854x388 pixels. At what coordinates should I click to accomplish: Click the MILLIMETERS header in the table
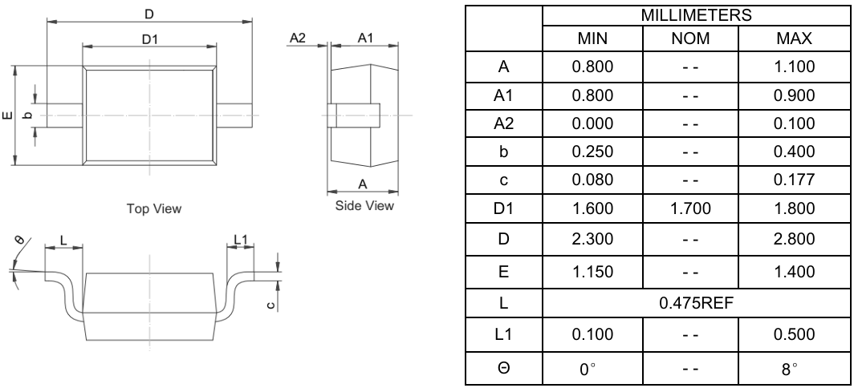[695, 14]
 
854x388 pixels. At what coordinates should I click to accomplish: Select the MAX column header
[797, 38]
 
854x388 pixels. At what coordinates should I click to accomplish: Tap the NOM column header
[695, 38]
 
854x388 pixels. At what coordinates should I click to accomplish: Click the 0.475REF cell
[695, 305]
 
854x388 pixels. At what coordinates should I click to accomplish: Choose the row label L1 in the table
[502, 334]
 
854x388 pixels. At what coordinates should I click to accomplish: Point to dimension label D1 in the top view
[149, 39]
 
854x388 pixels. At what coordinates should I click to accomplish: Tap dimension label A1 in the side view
[364, 38]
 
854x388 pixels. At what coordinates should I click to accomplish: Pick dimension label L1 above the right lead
[242, 239]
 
